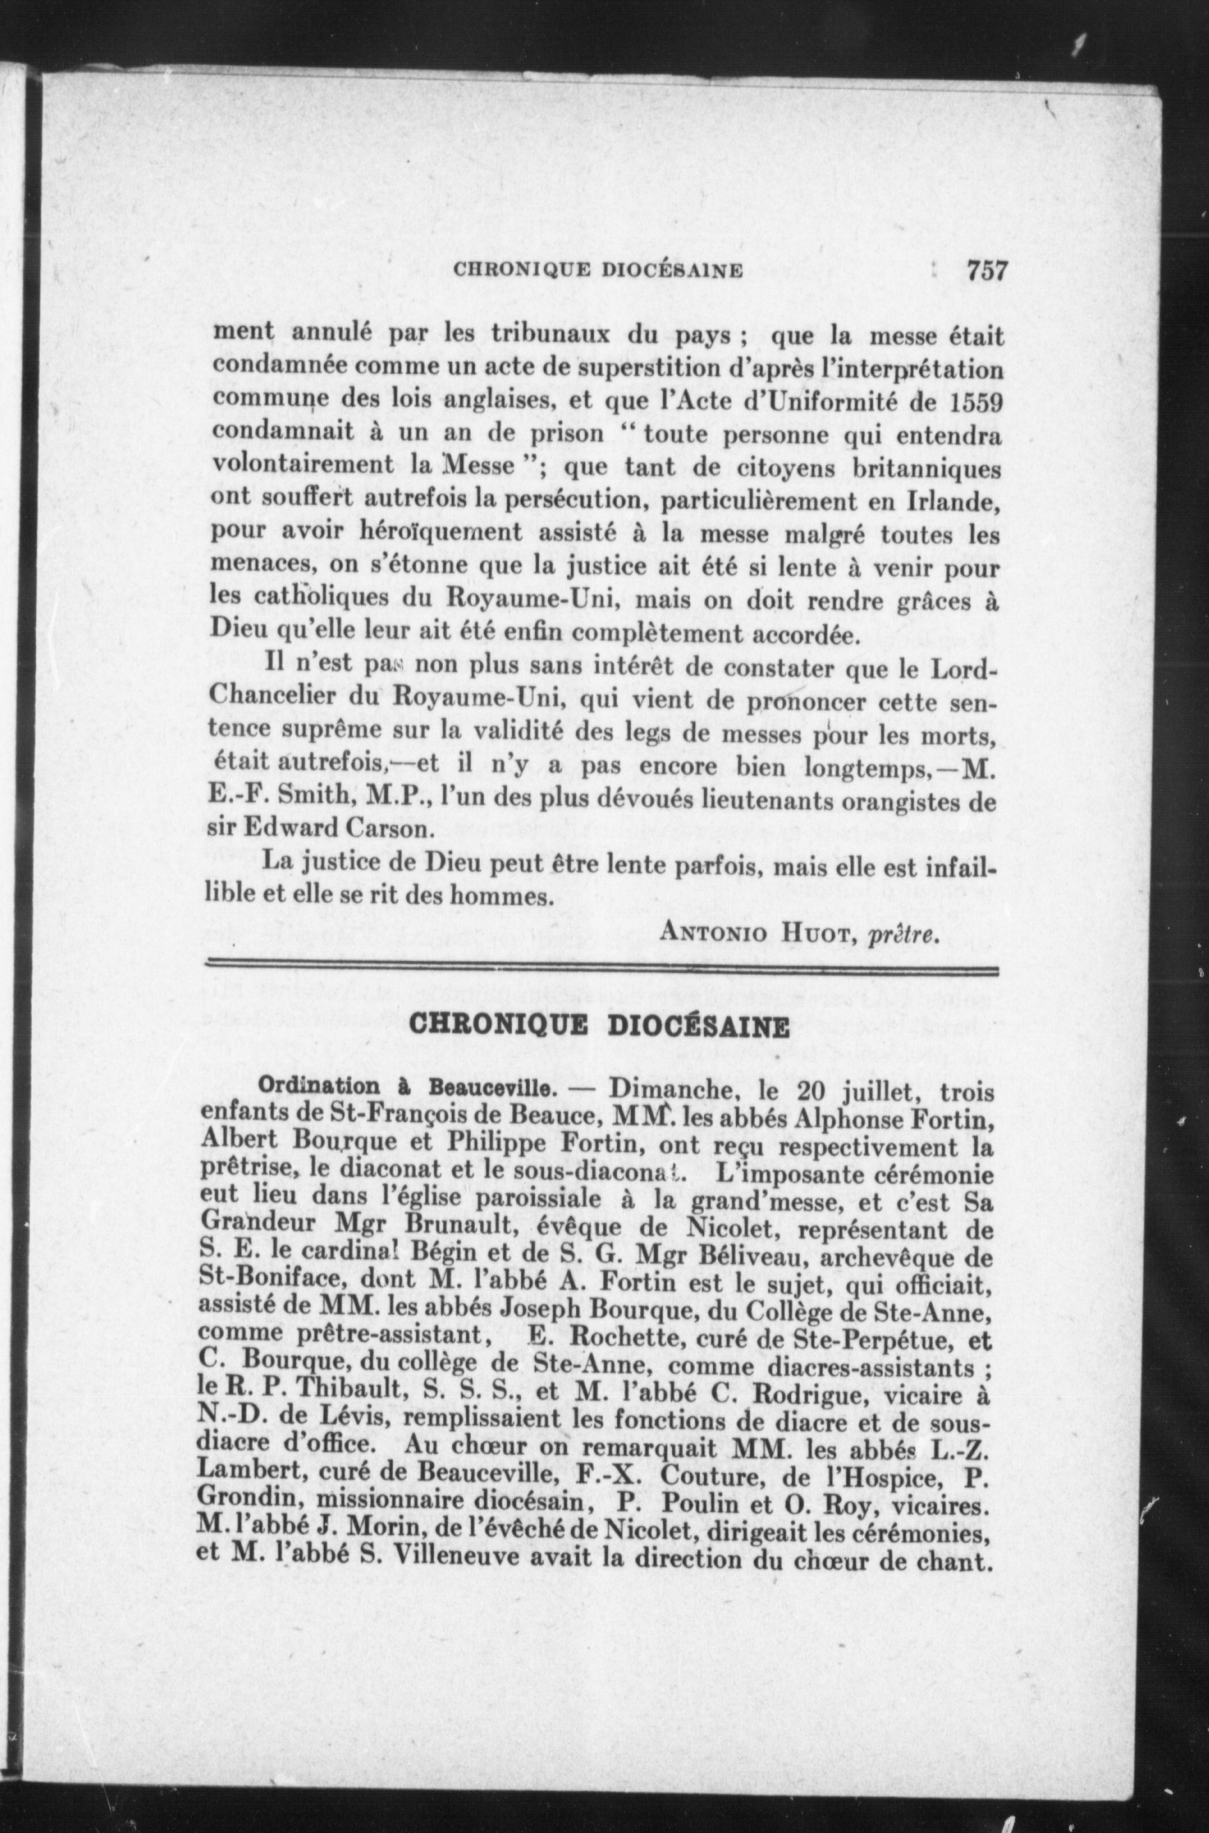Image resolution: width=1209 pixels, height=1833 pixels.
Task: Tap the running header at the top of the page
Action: click(x=598, y=272)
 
